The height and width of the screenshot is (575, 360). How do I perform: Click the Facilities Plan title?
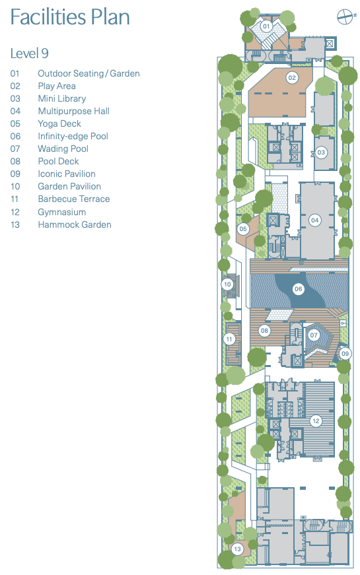point(70,18)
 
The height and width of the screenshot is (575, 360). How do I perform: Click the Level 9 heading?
point(30,53)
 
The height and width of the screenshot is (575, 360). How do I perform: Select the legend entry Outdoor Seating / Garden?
point(89,73)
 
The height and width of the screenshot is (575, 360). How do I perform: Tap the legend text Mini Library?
point(61,98)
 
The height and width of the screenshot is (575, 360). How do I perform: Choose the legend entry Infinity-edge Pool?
point(73,136)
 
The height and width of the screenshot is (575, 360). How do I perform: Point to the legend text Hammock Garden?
point(74,224)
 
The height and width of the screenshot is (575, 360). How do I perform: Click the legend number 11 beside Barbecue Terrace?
point(15,199)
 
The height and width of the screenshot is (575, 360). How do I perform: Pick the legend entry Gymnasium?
point(61,212)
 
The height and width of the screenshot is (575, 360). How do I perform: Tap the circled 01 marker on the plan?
point(266,26)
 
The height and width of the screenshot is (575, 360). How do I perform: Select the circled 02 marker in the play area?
point(292,78)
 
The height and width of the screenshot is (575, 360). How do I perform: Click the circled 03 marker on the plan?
point(322,152)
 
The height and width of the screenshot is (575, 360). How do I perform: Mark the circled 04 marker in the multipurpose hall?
point(315,220)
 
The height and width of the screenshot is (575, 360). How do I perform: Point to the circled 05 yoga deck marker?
point(243,229)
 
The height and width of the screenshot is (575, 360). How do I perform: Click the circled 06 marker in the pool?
point(298,288)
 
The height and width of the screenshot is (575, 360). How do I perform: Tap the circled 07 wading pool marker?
point(314,335)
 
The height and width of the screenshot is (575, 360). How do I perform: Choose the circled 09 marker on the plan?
point(345,354)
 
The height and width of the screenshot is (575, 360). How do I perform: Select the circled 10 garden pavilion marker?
point(227,285)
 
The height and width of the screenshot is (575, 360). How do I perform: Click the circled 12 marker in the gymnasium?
point(316,421)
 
